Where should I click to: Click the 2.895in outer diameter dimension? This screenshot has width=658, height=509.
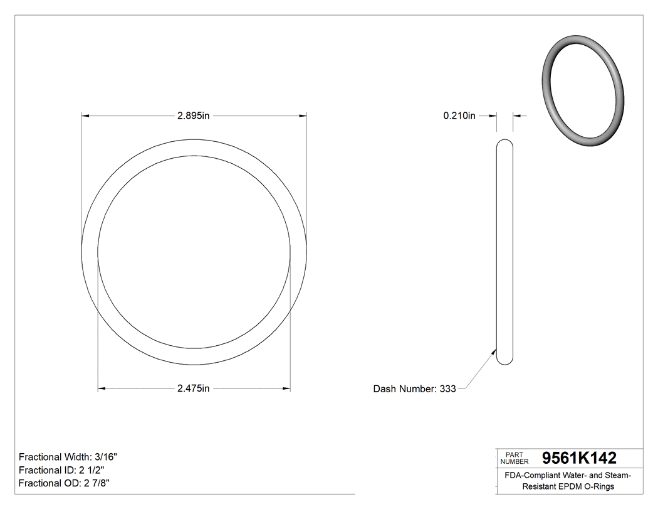[x=193, y=115]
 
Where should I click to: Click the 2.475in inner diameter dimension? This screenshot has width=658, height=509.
[x=193, y=388]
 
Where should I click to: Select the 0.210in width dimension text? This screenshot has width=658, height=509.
[x=459, y=115]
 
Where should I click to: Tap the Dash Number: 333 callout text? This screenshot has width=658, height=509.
[x=414, y=389]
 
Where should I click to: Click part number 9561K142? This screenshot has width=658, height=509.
[x=579, y=458]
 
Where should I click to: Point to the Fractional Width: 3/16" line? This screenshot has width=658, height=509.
[x=68, y=458]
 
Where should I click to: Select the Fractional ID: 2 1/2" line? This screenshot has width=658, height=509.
[x=61, y=470]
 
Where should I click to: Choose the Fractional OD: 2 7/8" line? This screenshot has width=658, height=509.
[x=65, y=483]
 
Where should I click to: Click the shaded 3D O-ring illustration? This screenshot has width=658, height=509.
[x=583, y=91]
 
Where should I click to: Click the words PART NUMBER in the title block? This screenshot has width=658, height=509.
[x=514, y=458]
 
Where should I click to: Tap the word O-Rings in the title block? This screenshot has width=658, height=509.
[x=600, y=487]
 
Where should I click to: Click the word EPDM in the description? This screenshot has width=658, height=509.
[x=572, y=487]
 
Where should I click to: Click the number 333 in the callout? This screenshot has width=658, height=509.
[x=447, y=389]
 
